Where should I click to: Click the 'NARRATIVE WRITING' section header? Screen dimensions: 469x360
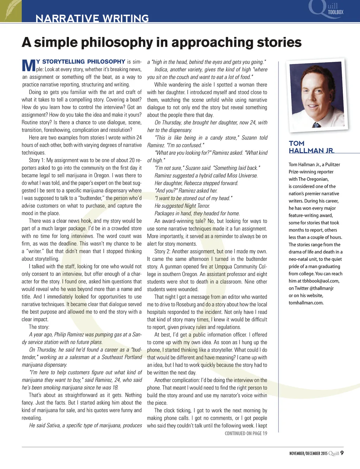click(92, 18)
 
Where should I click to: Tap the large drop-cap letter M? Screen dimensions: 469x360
click(28, 66)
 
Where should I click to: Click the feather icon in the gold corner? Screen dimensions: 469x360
click(11, 11)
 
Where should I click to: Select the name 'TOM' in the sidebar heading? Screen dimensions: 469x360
click(296, 143)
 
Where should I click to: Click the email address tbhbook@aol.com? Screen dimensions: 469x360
click(321, 281)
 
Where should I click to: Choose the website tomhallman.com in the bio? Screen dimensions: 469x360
click(306, 303)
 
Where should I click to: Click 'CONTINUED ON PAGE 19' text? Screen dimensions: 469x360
click(246, 433)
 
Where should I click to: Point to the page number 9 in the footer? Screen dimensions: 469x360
click(342, 453)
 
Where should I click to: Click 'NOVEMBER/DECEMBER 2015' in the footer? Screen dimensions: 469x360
click(308, 454)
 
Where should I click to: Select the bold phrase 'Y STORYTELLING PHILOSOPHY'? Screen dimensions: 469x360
click(81, 62)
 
